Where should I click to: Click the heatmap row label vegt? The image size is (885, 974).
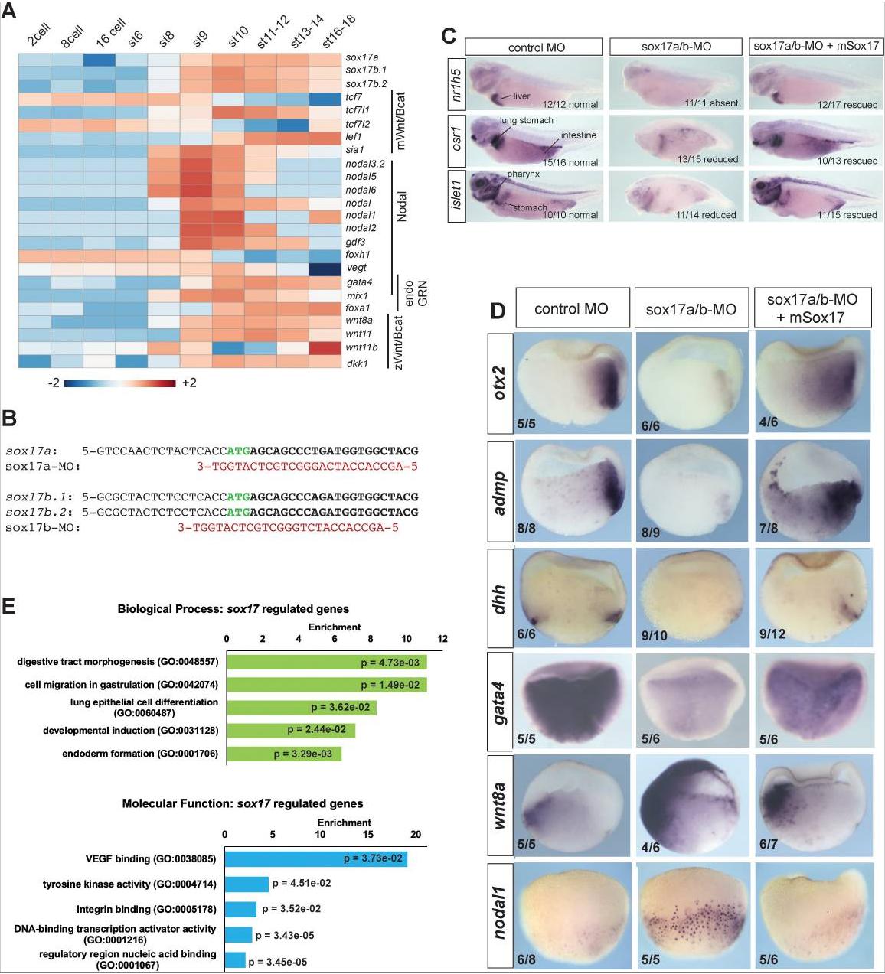point(356,268)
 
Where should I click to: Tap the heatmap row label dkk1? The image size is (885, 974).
point(357,363)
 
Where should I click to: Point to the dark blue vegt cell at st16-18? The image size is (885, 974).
point(326,268)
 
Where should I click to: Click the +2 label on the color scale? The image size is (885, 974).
point(188,382)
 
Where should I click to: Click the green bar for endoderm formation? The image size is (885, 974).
point(283,754)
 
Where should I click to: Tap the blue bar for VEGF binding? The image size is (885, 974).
point(315,858)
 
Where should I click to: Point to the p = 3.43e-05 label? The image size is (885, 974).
point(284,935)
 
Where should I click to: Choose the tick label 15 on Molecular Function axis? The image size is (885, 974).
point(368,834)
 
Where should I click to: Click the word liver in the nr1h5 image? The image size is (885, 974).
point(521,96)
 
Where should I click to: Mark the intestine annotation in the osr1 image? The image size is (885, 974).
point(578,135)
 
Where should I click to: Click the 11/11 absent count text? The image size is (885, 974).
point(711,103)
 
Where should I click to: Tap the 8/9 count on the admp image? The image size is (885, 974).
point(649,529)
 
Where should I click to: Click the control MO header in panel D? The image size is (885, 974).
point(571,309)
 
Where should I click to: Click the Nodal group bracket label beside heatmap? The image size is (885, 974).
point(403,207)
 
